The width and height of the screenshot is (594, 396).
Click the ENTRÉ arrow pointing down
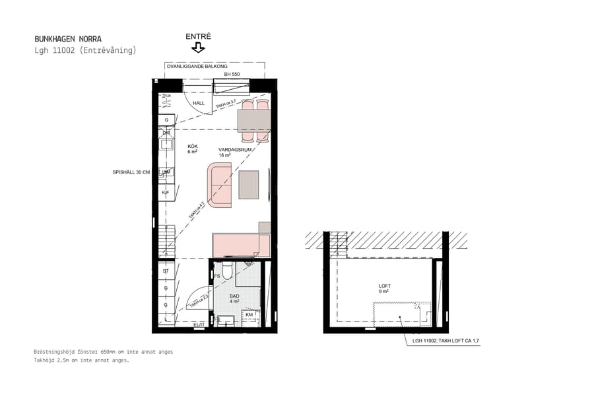coord(198,48)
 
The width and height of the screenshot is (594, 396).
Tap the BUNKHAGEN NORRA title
coord(68,39)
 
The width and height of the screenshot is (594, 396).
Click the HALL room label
coord(199,103)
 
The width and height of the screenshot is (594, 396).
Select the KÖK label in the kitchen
coord(193,147)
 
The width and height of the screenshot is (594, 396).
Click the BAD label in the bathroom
coord(234,296)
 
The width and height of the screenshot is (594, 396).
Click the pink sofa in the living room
coord(220,184)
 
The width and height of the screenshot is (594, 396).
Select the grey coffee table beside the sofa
coord(249,185)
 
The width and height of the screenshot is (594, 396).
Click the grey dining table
coord(254,120)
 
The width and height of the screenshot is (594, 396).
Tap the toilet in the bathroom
coord(226,271)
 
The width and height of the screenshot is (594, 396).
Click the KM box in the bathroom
coord(249,315)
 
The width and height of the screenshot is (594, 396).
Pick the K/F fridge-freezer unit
coord(166,192)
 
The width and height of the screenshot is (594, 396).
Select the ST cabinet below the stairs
coord(166,271)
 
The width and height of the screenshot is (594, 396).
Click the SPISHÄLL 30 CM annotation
coord(132,172)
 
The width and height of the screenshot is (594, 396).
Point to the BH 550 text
coord(231,75)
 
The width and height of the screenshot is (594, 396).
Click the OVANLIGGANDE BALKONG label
coord(197,67)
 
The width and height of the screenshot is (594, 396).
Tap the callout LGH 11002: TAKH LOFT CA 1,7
coord(449,341)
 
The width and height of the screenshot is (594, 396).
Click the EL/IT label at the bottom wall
coord(199,325)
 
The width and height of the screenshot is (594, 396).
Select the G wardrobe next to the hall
coord(166,119)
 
